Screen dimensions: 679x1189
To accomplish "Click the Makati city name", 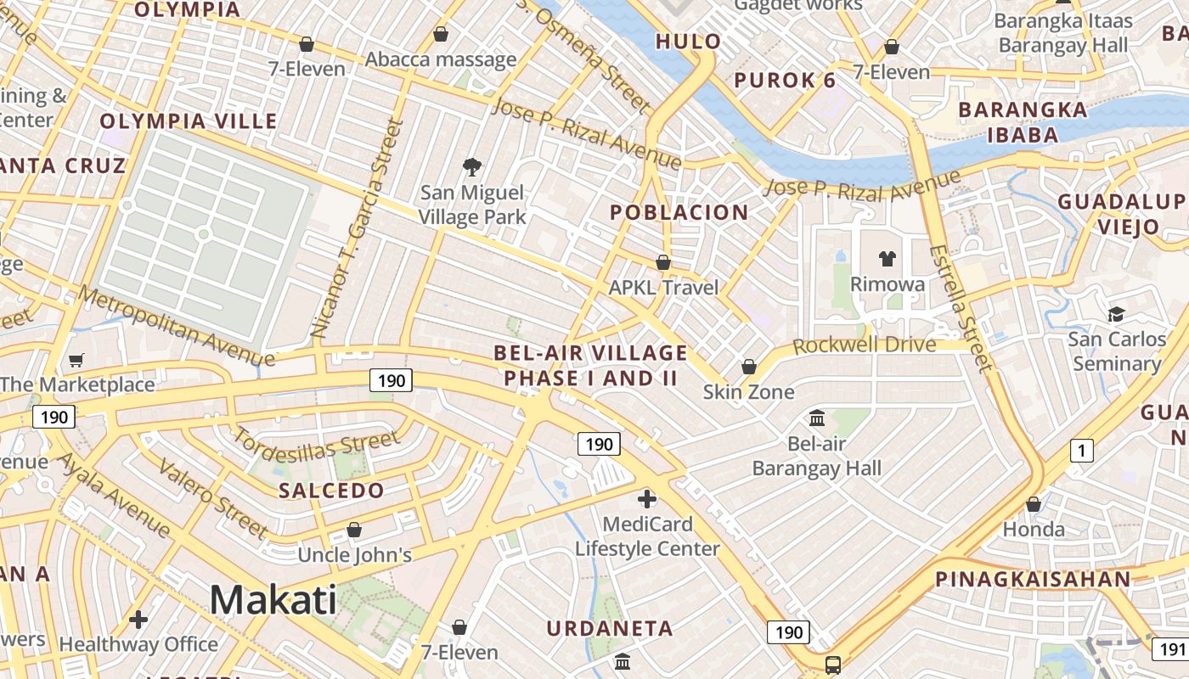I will point(273,600).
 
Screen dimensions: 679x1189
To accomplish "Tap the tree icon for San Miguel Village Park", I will point(471,166).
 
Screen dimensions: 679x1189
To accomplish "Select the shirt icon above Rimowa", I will point(888,259).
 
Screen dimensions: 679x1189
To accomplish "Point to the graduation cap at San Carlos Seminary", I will point(1116,314).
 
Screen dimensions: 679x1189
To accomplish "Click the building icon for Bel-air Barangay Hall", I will point(818,418).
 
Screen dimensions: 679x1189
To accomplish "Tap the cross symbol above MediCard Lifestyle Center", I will point(647,498).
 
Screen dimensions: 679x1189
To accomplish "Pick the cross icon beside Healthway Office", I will point(138,620).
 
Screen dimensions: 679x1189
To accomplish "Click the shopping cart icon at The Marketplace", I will point(76,360).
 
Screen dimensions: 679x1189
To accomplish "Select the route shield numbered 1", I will point(1081,451).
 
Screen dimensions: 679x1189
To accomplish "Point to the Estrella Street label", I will point(961,308).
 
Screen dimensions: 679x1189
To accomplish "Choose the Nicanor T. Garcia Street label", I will point(356,229).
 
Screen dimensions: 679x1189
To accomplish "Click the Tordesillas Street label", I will point(315,442).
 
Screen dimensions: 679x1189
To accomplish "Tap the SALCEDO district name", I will point(331,491).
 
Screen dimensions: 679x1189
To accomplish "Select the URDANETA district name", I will point(610,629).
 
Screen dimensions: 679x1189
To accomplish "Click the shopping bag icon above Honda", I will point(1034,504).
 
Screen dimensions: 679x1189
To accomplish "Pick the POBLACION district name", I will point(679,212).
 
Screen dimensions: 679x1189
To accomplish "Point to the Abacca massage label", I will point(441,59).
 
